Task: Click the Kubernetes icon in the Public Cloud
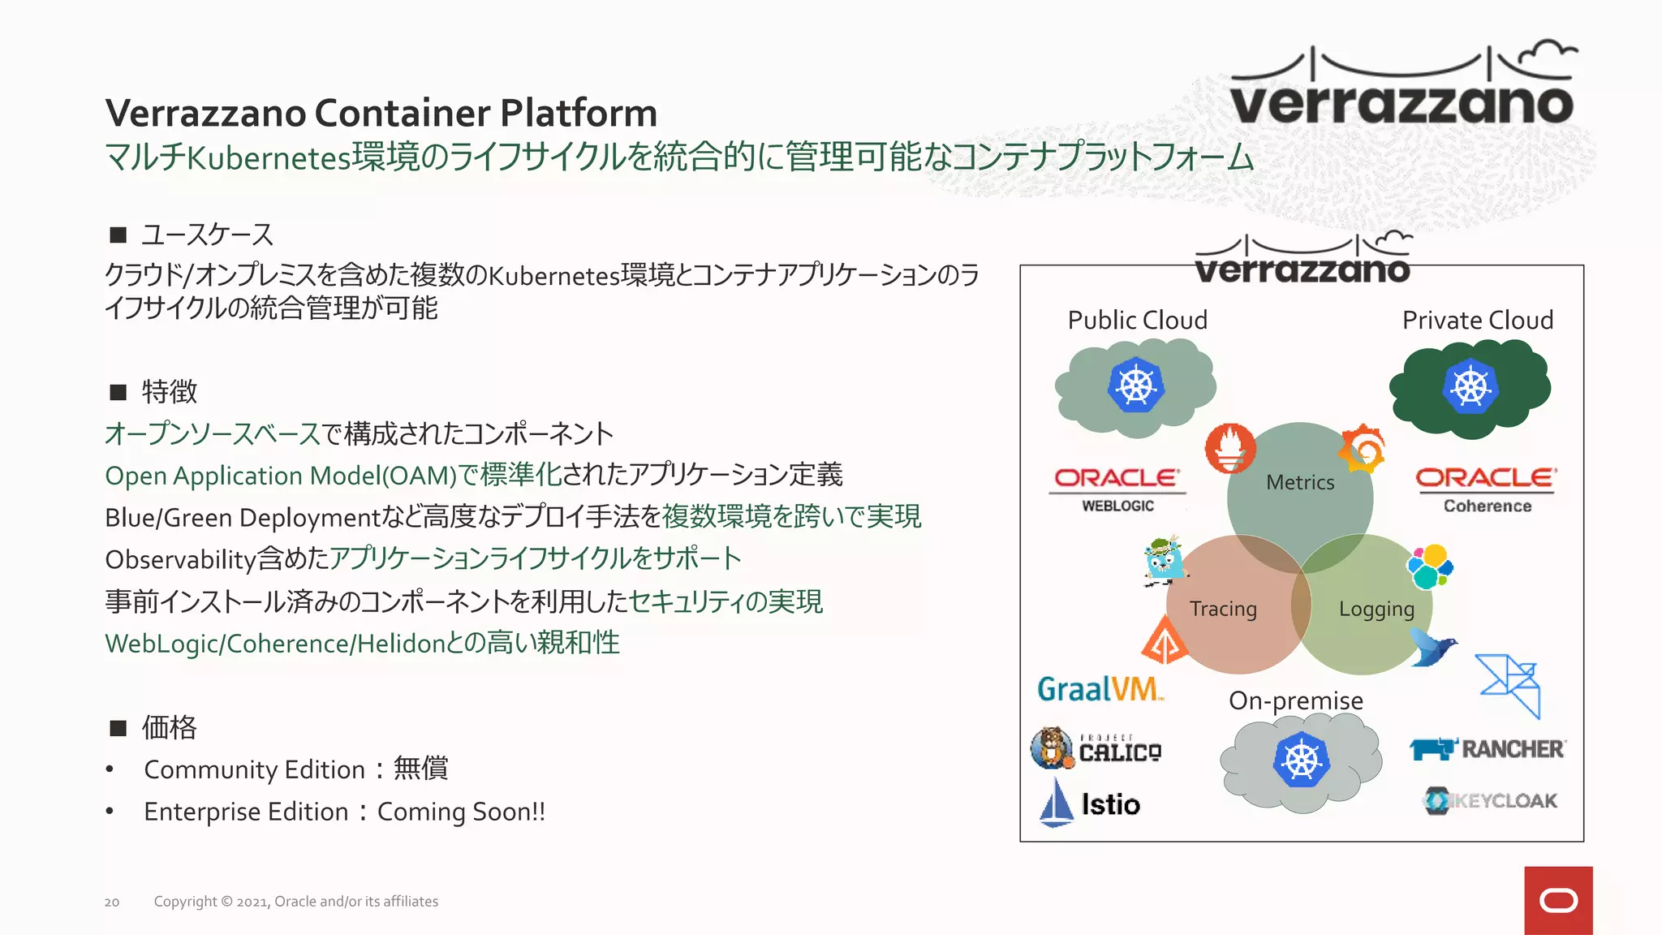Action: pyautogui.click(x=1136, y=385)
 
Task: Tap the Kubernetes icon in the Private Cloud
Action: pyautogui.click(x=1470, y=386)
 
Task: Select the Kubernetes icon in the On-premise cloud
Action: pyautogui.click(x=1302, y=760)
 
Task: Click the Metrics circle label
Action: pyautogui.click(x=1300, y=482)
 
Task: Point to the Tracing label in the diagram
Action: pyautogui.click(x=1223, y=609)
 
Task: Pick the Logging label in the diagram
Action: pyautogui.click(x=1376, y=609)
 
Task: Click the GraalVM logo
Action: pyautogui.click(x=1100, y=689)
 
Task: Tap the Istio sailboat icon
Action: pyautogui.click(x=1057, y=803)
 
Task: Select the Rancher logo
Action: pyautogui.click(x=1488, y=748)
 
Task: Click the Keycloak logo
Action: pyautogui.click(x=1491, y=801)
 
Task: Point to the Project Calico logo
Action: pyautogui.click(x=1096, y=748)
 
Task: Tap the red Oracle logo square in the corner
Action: pyautogui.click(x=1558, y=900)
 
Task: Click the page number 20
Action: pyautogui.click(x=112, y=902)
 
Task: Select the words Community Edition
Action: pyautogui.click(x=254, y=769)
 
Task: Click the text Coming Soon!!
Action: pyautogui.click(x=461, y=812)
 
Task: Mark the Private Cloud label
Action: pyautogui.click(x=1478, y=320)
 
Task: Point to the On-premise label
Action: pyautogui.click(x=1296, y=700)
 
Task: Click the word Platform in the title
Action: pyautogui.click(x=578, y=113)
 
